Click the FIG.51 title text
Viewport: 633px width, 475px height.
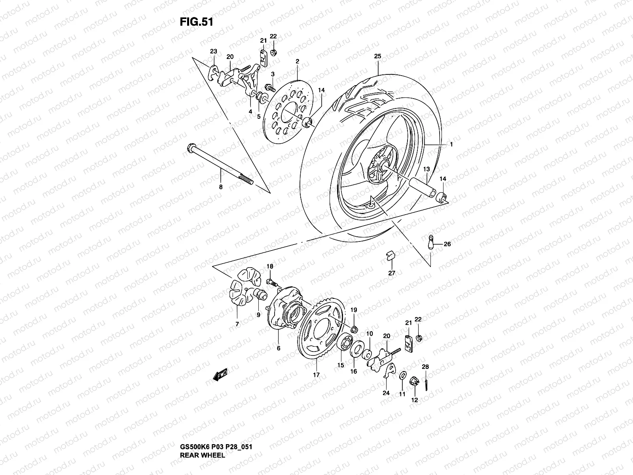[x=197, y=22]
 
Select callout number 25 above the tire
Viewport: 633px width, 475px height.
[x=377, y=57]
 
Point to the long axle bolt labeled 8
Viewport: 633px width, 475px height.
[x=222, y=166]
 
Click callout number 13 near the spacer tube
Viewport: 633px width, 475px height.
[x=427, y=169]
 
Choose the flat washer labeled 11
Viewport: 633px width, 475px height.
[x=403, y=375]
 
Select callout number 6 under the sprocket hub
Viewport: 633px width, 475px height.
[x=279, y=348]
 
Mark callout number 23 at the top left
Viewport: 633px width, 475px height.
[x=214, y=51]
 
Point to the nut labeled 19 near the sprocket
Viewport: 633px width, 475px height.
[x=355, y=328]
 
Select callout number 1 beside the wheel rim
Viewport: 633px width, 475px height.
[x=451, y=144]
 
